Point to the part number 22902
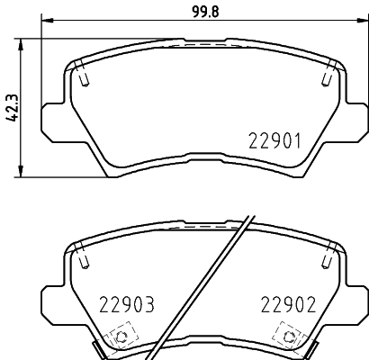[287, 304]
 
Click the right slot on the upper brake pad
[324, 78]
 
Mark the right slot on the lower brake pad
[324, 259]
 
